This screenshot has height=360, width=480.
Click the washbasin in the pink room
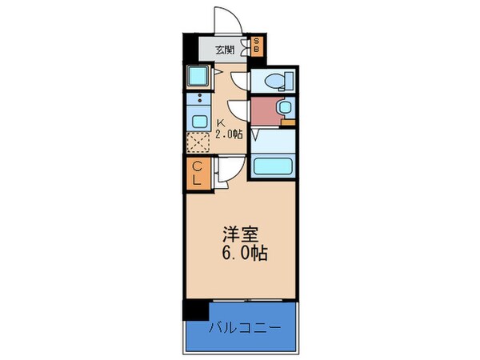(282, 108)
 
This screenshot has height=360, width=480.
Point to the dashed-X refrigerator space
(197, 143)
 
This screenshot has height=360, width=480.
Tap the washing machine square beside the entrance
(197, 78)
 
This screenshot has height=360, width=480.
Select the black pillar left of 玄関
(188, 49)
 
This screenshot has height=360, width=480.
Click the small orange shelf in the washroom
(288, 122)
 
